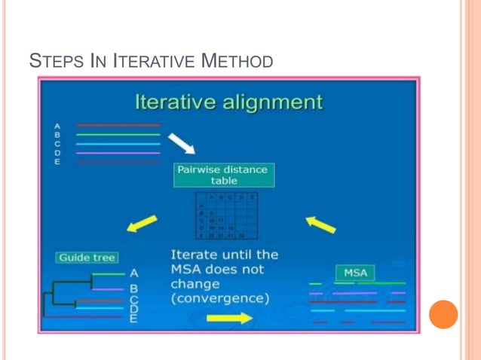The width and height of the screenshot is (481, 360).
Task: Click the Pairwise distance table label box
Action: [x=222, y=175]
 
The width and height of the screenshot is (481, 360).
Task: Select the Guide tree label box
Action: [x=87, y=258]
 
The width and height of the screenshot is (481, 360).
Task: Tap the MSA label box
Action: [x=354, y=271]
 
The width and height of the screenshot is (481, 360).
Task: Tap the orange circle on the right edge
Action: [x=443, y=314]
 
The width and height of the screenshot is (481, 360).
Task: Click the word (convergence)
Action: [x=219, y=299]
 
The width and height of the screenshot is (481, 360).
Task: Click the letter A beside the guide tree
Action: [x=133, y=273]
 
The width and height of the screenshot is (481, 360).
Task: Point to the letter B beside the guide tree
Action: [x=133, y=288]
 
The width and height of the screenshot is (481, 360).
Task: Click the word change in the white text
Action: [x=195, y=285]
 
